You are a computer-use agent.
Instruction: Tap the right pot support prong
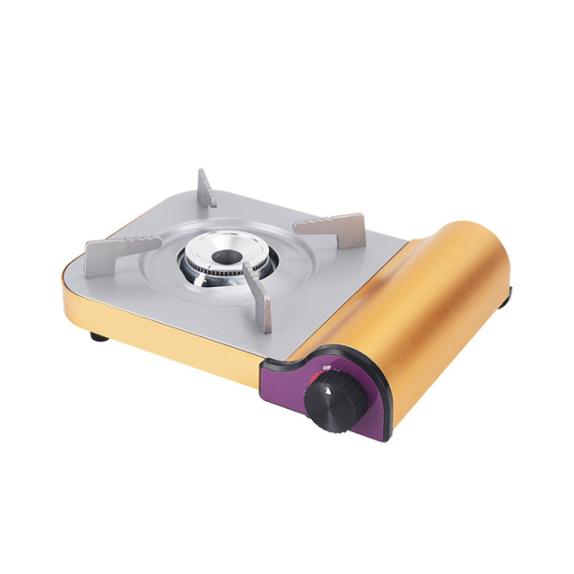coord(330,225)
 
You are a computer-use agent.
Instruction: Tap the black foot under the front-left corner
coord(96,336)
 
